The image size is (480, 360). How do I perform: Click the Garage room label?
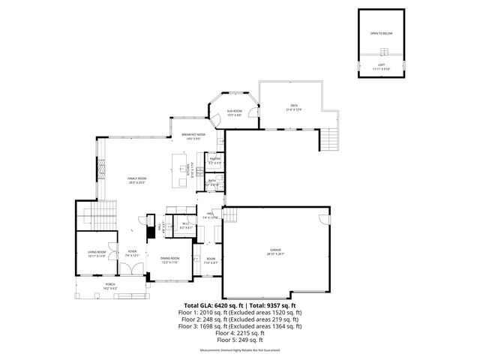tap(277, 252)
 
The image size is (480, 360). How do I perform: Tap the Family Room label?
tap(136, 178)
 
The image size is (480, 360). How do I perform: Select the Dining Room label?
tap(169, 259)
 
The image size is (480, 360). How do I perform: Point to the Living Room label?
tap(96, 253)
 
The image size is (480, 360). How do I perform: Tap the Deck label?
tap(293, 106)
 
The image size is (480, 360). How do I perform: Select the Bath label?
tap(212, 182)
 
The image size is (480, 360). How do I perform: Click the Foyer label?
tap(132, 253)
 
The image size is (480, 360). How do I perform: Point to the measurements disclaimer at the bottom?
tap(240, 350)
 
